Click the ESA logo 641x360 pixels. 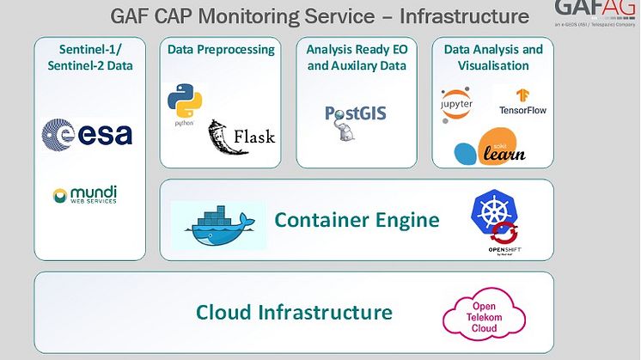click(87, 134)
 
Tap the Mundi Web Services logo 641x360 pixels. click(84, 195)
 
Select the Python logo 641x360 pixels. click(184, 106)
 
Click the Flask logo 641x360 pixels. click(241, 135)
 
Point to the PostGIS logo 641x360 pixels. click(355, 116)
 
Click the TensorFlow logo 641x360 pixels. click(522, 102)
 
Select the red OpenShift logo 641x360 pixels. click(505, 240)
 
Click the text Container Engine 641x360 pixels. click(357, 221)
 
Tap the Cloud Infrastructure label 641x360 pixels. click(294, 312)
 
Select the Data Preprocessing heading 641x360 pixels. click(221, 50)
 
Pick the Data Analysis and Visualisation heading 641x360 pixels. click(493, 57)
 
